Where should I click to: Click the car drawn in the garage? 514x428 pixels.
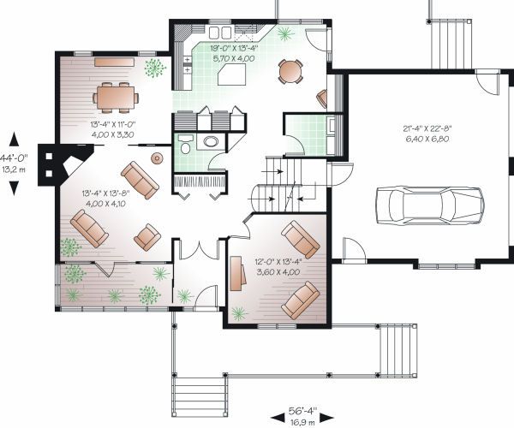(430, 205)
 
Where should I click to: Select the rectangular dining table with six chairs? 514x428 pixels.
(116, 98)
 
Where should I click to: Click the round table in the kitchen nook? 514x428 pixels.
(290, 71)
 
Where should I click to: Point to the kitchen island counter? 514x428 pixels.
(232, 74)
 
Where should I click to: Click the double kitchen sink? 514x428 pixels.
(220, 33)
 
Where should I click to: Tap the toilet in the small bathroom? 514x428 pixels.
(184, 144)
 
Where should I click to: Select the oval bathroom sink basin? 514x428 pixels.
(211, 141)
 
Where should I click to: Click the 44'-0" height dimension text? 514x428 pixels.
(14, 158)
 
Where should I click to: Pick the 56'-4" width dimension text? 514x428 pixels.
(302, 411)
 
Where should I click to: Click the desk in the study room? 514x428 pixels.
(238, 273)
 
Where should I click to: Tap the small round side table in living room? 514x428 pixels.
(157, 158)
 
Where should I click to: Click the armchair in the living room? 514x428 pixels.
(147, 237)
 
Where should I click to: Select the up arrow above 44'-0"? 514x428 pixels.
(14, 139)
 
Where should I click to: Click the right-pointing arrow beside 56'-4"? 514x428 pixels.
(327, 418)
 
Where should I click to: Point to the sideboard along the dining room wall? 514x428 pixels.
(115, 62)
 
